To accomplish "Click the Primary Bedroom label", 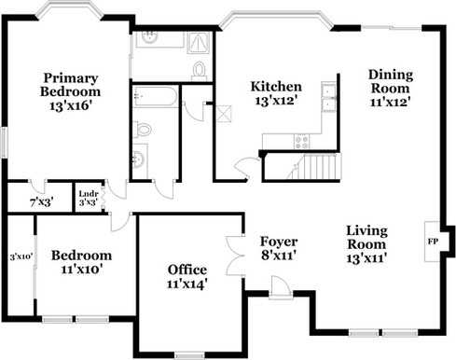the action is click(71, 91).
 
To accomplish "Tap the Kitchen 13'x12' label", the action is click(276, 93).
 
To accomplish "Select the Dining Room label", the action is click(391, 89).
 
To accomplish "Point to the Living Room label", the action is click(366, 244).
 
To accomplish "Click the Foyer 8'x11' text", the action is click(279, 248).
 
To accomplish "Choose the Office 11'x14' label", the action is click(187, 277).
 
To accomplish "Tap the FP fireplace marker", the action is click(433, 242).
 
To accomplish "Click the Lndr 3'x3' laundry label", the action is click(89, 198).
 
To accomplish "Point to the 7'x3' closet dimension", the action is click(42, 203).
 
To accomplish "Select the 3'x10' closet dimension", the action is click(21, 257).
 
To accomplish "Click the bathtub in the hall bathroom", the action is click(155, 96).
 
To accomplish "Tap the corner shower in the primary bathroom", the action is click(200, 43).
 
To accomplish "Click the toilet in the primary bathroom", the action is click(199, 70).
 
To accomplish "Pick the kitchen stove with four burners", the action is click(302, 142).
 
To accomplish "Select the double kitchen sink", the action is click(329, 97).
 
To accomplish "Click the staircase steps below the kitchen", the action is click(319, 166).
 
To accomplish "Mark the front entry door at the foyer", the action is click(281, 287).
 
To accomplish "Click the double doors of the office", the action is click(235, 256).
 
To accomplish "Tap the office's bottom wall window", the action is click(189, 354).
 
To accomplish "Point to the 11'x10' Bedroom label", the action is click(81, 262).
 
